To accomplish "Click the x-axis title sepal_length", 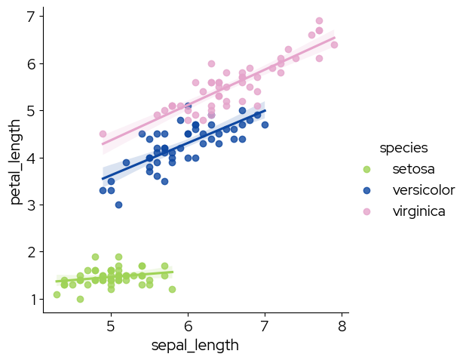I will (195, 346).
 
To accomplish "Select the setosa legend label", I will (413, 168).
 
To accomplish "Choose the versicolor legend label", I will (423, 189).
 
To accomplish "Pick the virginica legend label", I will (418, 211).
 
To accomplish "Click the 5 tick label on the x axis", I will (111, 326).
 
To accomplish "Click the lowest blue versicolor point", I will (118, 205).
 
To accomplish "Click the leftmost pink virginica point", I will (103, 134).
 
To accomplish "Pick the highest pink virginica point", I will (319, 21).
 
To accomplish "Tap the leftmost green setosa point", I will (57, 294).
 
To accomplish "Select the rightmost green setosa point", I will (172, 289).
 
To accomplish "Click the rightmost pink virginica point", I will (334, 45).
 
